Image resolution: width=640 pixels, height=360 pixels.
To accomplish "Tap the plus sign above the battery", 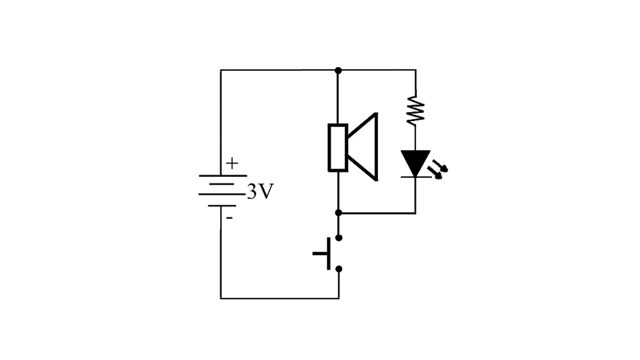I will pyautogui.click(x=232, y=164).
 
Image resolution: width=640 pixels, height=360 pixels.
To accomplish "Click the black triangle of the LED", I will pyautogui.click(x=415, y=162).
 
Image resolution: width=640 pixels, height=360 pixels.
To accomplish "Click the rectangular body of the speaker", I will pyautogui.click(x=338, y=147).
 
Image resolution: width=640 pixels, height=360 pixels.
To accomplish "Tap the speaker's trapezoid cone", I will pyautogui.click(x=365, y=147).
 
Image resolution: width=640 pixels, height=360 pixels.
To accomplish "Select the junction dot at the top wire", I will pyautogui.click(x=338, y=70).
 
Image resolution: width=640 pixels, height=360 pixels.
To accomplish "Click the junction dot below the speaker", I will pyautogui.click(x=338, y=213).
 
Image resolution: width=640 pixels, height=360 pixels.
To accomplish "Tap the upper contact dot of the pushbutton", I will pyautogui.click(x=339, y=238).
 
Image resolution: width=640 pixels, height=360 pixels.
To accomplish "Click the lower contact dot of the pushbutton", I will pyautogui.click(x=339, y=269).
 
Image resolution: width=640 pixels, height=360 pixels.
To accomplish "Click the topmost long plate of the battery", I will pyautogui.click(x=223, y=176).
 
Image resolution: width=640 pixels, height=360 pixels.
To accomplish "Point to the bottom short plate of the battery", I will pyautogui.click(x=222, y=206).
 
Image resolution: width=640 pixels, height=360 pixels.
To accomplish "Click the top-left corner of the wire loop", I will pyautogui.click(x=221, y=70).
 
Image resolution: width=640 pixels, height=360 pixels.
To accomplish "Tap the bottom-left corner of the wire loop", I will pyautogui.click(x=221, y=298).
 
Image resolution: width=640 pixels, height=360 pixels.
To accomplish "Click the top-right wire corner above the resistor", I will pyautogui.click(x=415, y=70).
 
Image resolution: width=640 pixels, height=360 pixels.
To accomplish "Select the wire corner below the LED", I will pyautogui.click(x=415, y=213).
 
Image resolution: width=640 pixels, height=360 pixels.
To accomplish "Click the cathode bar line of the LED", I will pyautogui.click(x=415, y=177).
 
